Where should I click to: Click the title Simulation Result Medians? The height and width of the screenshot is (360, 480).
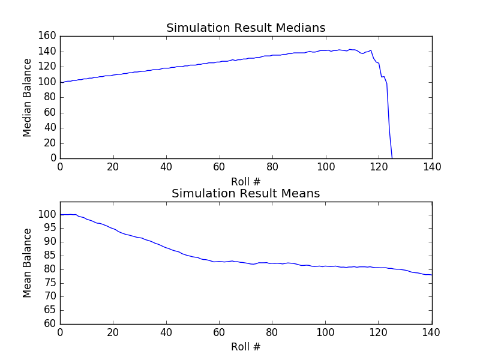pos(245,28)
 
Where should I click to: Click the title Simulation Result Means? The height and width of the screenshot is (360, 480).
pos(245,194)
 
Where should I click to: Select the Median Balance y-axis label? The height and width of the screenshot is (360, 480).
pos(27,97)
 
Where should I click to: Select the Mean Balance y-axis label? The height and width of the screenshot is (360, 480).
pos(27,263)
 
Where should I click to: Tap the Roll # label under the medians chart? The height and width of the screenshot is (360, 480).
pos(246,181)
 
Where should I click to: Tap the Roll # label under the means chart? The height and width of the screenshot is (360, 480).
pos(246,347)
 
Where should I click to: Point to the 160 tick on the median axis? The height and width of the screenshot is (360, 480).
pos(49,36)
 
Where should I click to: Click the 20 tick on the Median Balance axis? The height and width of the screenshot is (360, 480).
pos(51,143)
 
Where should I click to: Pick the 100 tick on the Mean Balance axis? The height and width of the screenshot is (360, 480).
pos(49,215)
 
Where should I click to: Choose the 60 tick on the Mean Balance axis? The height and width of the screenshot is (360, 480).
pos(51,324)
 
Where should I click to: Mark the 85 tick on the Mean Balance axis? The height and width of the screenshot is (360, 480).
pos(51,256)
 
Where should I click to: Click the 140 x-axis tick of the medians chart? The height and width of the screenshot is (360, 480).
pos(432,167)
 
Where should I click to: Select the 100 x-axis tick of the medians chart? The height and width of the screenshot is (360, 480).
pos(326,167)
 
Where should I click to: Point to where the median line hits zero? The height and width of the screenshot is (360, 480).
pos(392,158)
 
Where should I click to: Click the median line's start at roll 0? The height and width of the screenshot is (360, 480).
pos(61,82)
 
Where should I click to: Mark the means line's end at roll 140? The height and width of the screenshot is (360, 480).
pos(431,275)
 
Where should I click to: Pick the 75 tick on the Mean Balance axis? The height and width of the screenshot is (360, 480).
pos(51,283)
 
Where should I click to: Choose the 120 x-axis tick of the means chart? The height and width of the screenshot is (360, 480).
pos(379,333)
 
